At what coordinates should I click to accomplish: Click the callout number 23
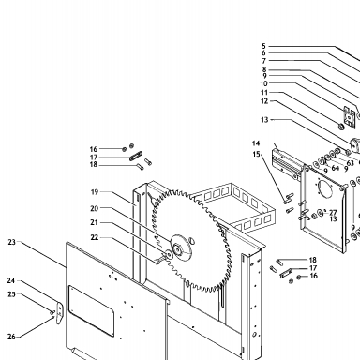click(11, 242)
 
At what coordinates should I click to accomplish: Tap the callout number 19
click(95, 192)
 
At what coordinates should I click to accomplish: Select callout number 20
click(95, 208)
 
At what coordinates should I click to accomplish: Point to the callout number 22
click(95, 237)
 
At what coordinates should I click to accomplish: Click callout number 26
click(11, 337)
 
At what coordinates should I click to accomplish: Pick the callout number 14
click(256, 143)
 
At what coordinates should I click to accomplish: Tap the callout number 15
click(256, 154)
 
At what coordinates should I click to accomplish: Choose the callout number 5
click(263, 46)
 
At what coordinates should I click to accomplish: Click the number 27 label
click(333, 213)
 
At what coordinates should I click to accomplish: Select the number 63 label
click(350, 163)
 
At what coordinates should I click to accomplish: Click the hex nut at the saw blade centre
click(176, 249)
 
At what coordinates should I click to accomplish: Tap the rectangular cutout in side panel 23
click(91, 310)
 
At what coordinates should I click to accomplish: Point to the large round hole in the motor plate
click(323, 188)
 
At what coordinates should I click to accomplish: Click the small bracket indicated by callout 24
click(60, 313)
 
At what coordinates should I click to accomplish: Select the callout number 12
click(264, 101)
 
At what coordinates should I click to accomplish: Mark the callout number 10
click(264, 83)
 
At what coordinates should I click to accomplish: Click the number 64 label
click(336, 168)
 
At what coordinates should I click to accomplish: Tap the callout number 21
click(94, 222)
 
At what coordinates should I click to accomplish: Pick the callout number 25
click(11, 294)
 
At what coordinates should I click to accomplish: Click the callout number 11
click(264, 93)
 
